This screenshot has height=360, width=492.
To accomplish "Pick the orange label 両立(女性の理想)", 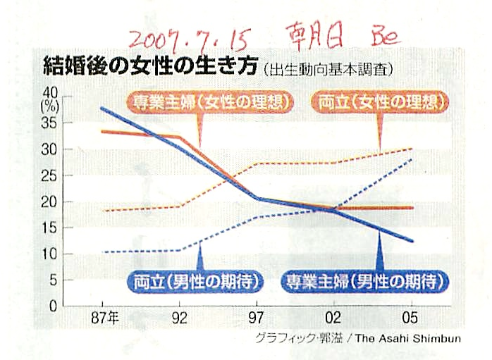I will [380, 101].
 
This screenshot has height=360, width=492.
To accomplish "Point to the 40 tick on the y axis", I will [51, 92].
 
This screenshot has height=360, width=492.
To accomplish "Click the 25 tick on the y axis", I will [51, 176].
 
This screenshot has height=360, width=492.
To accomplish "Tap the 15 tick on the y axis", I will [51, 228].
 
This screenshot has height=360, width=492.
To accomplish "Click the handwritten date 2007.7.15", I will [185, 35].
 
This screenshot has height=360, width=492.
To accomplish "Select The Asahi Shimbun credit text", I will [405, 339].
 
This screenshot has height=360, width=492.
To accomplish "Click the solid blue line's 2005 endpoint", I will [412, 241].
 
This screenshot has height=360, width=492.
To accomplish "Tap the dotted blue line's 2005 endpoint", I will [412, 159].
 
